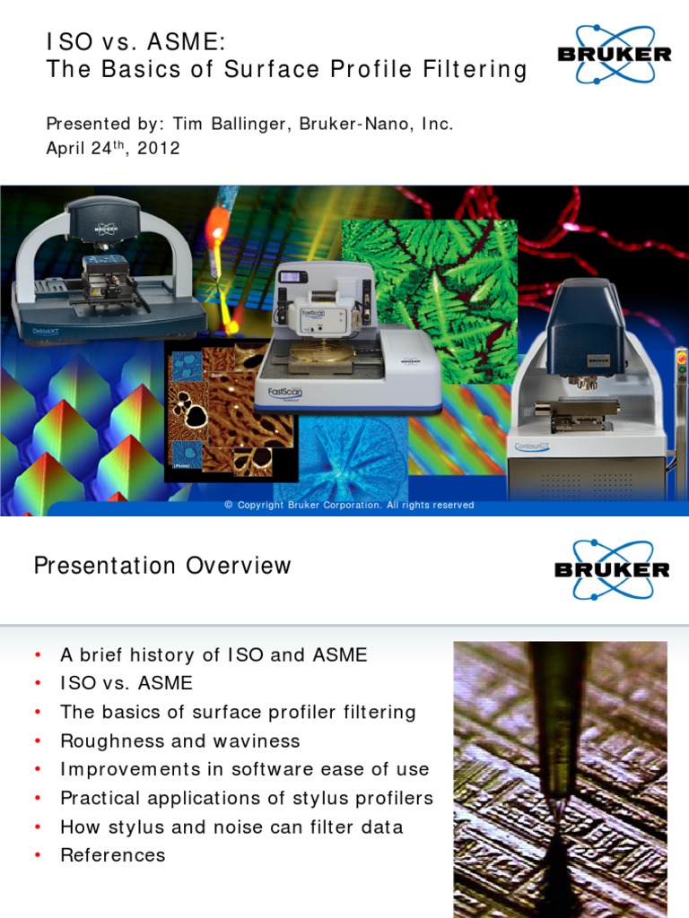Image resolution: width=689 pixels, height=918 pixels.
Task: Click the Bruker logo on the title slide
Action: point(615,53)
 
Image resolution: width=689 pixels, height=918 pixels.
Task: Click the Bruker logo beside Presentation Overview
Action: point(612,568)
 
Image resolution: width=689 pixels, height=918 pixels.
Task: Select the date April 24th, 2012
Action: point(113,148)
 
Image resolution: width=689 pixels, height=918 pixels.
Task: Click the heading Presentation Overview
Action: point(162,566)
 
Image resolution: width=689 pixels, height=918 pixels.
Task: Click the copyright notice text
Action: point(349,506)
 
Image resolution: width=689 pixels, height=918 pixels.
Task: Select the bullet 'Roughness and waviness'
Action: point(179,740)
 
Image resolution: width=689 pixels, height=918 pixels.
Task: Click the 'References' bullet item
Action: point(112,855)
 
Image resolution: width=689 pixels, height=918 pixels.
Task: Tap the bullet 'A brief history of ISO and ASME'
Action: point(214,654)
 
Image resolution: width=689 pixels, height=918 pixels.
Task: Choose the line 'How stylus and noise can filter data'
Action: point(231,827)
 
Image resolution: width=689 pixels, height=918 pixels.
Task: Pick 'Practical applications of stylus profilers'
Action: point(246,798)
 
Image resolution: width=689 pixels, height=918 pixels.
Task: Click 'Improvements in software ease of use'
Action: point(244,769)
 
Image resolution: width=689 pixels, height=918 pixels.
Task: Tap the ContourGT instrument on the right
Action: point(588,385)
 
